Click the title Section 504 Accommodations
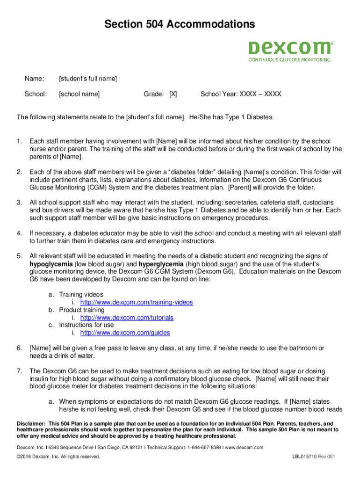point(180,24)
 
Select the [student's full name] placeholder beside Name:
point(87,78)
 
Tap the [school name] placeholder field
point(79,94)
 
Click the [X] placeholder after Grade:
point(173,94)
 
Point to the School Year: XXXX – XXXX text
point(241,94)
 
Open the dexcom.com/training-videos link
point(137,302)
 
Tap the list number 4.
point(19,233)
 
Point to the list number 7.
point(19,371)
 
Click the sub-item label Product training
point(82,310)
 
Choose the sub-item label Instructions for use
point(86,325)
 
